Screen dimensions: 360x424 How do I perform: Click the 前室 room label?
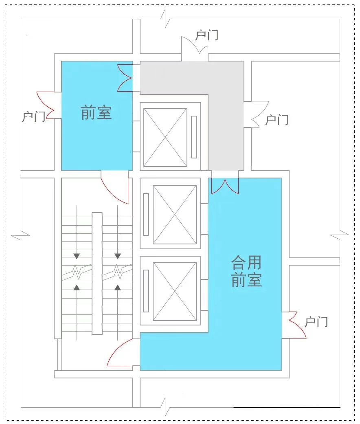pos(96,113)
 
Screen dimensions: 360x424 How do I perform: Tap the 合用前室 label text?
pos(246,271)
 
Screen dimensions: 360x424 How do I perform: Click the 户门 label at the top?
pos(207,35)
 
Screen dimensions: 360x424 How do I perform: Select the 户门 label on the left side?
pos(33,116)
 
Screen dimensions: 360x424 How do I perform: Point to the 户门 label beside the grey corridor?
pos(277,120)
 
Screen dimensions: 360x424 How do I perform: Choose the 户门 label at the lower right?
pos(316,322)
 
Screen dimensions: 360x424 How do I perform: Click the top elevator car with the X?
pos(165,137)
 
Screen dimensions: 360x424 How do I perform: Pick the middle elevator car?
pos(175,214)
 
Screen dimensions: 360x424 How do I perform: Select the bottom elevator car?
pos(175,291)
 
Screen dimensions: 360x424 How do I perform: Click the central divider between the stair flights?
pos(97,273)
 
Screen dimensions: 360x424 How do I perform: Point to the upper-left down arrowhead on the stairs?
pos(77,256)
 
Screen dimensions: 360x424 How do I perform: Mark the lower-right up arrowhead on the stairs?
pos(118,288)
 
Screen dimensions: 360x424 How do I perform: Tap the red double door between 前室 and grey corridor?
pos(125,78)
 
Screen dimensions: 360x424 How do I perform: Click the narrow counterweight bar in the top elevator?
pos(194,137)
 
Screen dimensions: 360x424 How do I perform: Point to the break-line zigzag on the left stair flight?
pos(77,272)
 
